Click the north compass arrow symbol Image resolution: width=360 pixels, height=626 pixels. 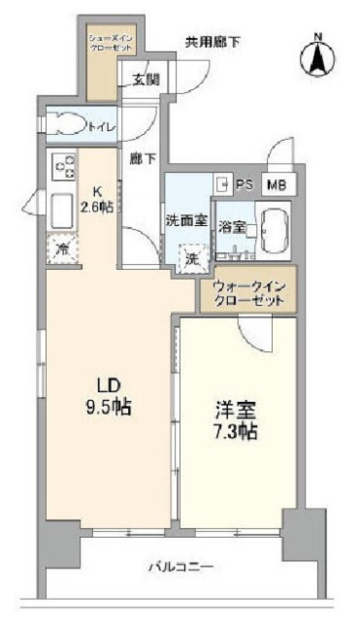(x=319, y=55)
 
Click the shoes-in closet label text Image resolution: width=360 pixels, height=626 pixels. (x=102, y=43)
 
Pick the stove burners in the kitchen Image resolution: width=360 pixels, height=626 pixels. (x=64, y=167)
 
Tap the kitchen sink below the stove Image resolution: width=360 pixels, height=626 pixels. (x=62, y=207)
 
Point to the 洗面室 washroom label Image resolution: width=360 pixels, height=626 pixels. (x=185, y=220)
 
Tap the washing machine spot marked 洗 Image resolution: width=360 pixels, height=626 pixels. (x=192, y=258)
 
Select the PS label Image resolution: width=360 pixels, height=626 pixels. (x=245, y=183)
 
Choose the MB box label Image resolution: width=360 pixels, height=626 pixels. (x=278, y=183)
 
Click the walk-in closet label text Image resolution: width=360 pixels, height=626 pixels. (x=248, y=294)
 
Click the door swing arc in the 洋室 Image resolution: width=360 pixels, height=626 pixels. (x=252, y=335)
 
